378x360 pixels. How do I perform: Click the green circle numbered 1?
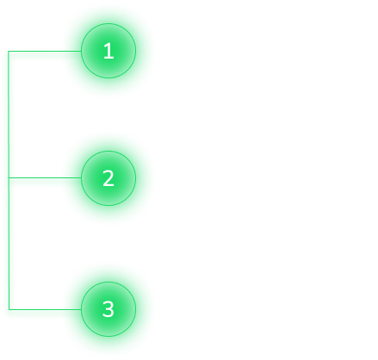[108, 51]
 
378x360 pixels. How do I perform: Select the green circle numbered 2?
[108, 178]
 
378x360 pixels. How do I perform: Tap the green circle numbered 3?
[108, 309]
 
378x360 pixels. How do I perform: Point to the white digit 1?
[108, 51]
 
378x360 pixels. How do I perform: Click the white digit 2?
[108, 178]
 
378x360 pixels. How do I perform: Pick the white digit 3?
[108, 309]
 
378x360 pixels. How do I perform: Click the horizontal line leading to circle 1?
[45, 51]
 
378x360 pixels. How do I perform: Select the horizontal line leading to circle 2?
[45, 177]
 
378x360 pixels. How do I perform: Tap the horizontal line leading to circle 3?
[45, 309]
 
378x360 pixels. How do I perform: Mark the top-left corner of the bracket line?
[9, 51]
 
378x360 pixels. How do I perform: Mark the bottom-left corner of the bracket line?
[9, 309]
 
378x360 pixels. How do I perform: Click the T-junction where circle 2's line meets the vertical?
[9, 177]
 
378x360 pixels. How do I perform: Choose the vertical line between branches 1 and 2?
[9, 115]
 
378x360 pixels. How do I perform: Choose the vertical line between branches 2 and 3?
[9, 244]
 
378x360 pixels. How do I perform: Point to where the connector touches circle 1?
[81, 51]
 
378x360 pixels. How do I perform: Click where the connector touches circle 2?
[81, 177]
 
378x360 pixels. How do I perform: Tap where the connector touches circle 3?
[81, 309]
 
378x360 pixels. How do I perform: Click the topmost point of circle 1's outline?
[108, 23]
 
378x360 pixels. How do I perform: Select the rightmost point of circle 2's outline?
[136, 178]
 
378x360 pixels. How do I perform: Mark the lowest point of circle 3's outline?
[108, 337]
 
